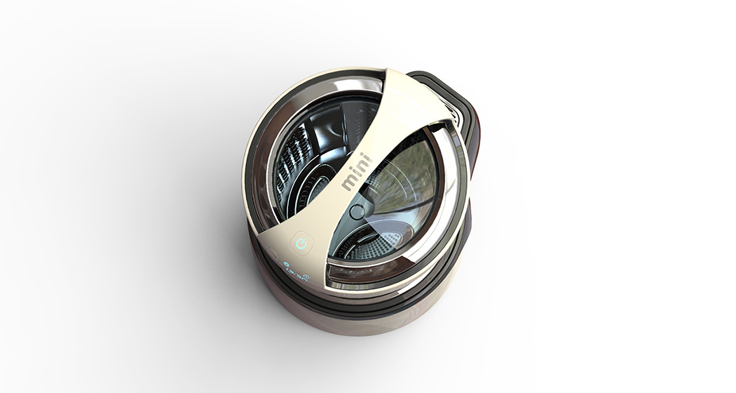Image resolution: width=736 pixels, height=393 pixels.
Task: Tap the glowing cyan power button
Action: [301, 244]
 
